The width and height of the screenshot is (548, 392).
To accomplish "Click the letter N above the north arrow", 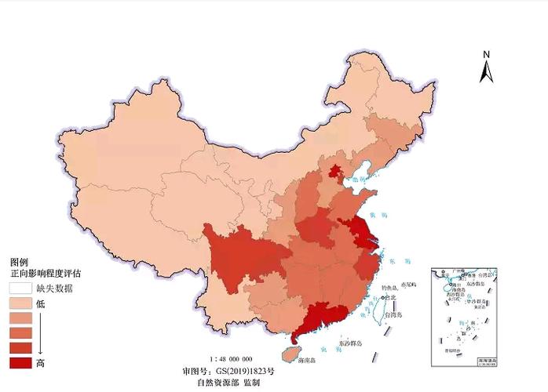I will point(487,54).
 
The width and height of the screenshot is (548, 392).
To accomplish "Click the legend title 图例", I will point(20,262).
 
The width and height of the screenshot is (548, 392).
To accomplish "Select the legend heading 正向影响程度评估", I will point(46,274).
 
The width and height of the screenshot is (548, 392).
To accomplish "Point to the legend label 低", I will point(40,303).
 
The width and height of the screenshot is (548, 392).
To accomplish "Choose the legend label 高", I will point(40,362).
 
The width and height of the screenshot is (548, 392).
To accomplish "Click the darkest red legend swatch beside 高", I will point(20,362).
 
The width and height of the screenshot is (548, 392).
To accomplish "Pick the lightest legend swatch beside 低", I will point(20,303).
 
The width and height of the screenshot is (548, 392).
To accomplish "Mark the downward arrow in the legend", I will point(41,332).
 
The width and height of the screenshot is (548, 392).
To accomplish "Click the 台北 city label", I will point(390,297).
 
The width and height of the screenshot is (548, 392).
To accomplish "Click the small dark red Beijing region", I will point(335,172).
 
